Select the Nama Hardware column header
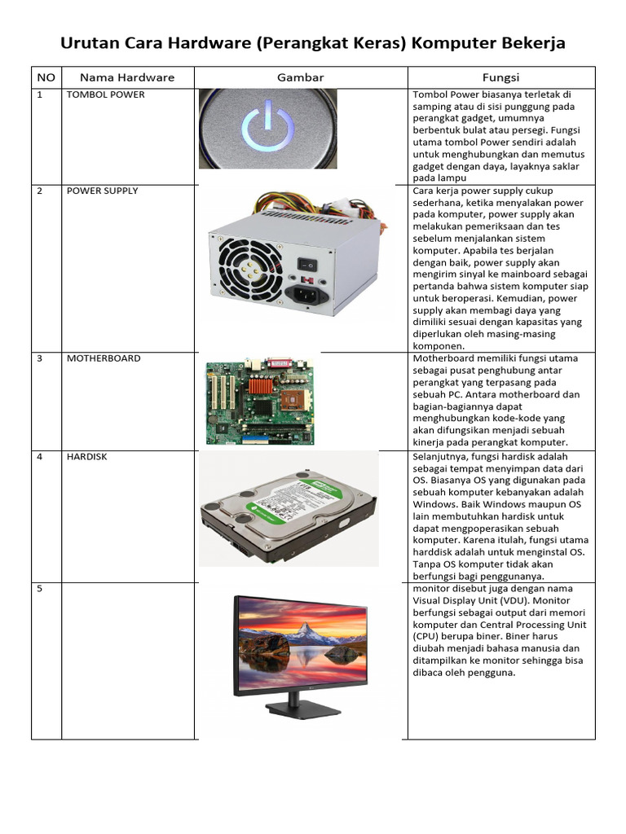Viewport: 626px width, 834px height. [x=127, y=77]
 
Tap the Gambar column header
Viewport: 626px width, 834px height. [x=301, y=77]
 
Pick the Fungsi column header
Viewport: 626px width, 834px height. [x=500, y=77]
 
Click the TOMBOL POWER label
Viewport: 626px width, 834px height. [x=106, y=94]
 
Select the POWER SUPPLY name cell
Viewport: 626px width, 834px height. [x=103, y=191]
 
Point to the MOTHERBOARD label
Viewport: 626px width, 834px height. [x=104, y=358]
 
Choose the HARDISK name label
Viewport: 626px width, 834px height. [x=87, y=457]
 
